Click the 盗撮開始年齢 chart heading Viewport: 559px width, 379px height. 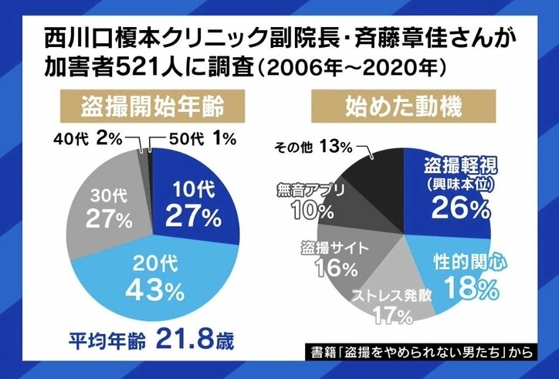(154, 103)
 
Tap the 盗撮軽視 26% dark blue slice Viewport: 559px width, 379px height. (456, 193)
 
